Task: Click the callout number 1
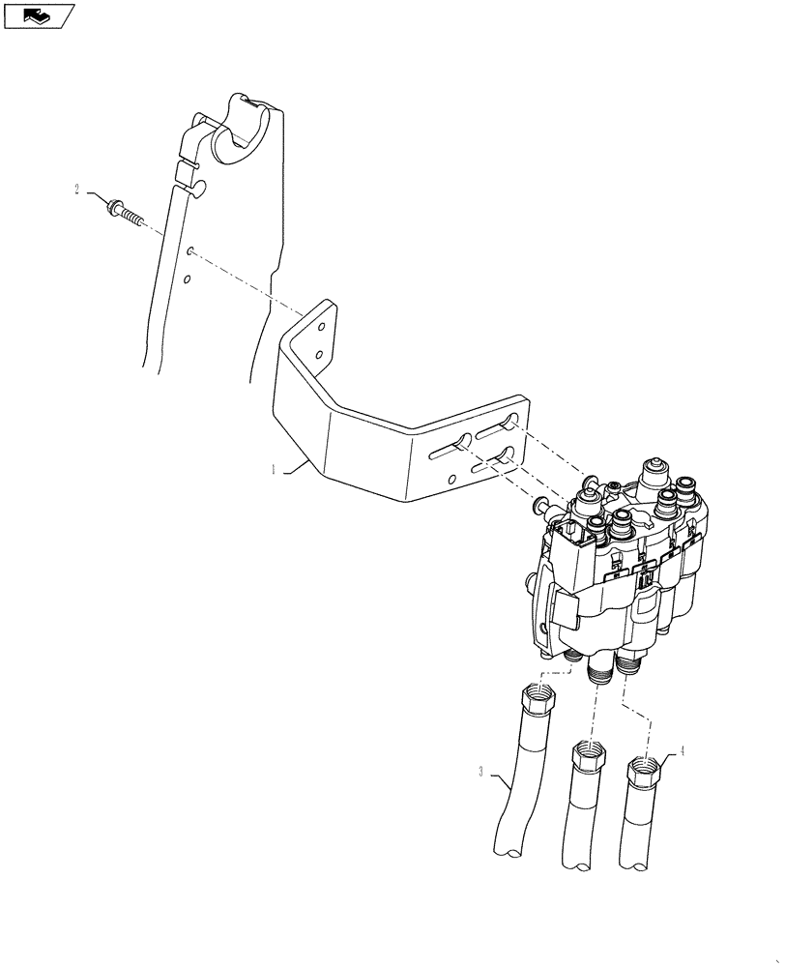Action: click(274, 470)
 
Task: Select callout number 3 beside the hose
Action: click(480, 772)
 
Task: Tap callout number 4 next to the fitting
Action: click(683, 749)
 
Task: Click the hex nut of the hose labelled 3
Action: click(539, 698)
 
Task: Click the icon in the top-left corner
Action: click(38, 15)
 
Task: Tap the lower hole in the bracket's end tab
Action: click(319, 356)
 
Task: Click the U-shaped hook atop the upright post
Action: click(238, 135)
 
